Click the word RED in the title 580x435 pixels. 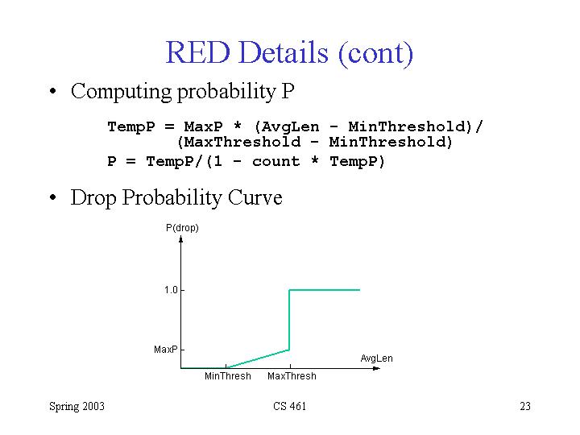(x=198, y=52)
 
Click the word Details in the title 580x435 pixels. (x=284, y=52)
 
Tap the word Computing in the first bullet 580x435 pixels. (x=122, y=91)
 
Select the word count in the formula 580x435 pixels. (x=275, y=161)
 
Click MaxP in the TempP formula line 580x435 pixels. (x=204, y=127)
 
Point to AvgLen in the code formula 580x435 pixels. (x=290, y=127)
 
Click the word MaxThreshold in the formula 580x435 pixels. (x=242, y=142)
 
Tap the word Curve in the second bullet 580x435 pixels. (x=255, y=197)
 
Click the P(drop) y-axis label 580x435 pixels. (x=182, y=228)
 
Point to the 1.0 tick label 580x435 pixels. (x=171, y=290)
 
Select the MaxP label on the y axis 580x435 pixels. (x=165, y=350)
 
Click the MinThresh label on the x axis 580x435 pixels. (x=228, y=376)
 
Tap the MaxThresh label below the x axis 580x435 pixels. (x=292, y=376)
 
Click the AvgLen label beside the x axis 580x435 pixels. (x=376, y=358)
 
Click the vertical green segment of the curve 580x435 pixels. (x=289, y=320)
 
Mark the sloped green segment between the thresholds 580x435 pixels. (x=258, y=358)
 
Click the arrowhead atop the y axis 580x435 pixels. (x=181, y=240)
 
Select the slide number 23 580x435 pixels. (x=525, y=406)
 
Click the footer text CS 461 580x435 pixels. (x=290, y=406)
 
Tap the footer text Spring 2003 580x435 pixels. (x=77, y=407)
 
